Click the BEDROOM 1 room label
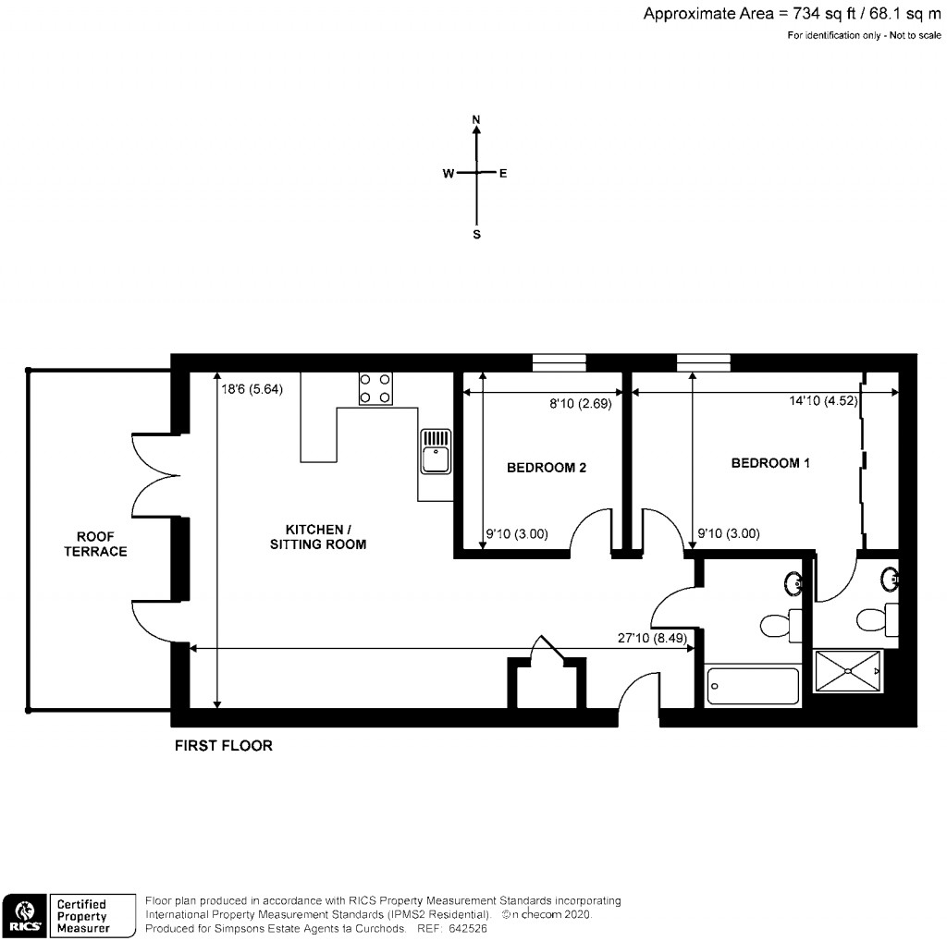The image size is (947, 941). [x=770, y=463]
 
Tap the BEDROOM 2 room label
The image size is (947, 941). [x=546, y=467]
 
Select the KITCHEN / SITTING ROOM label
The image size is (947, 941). [x=318, y=537]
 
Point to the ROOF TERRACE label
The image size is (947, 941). [x=95, y=544]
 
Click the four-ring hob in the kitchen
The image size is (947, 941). [x=375, y=389]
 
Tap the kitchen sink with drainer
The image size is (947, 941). [x=435, y=451]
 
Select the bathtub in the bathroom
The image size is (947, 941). [x=753, y=686]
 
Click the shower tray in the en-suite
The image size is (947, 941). [x=847, y=670]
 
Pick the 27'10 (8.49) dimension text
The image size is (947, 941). [x=652, y=638]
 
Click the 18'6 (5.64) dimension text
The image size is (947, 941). [x=252, y=389]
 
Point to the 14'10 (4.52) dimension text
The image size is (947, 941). [x=823, y=400]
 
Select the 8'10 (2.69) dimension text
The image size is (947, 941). [x=581, y=403]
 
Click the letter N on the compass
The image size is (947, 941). [x=476, y=119]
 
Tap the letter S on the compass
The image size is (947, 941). [x=476, y=234]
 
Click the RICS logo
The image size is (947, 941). [x=25, y=916]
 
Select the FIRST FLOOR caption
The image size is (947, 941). [x=224, y=745]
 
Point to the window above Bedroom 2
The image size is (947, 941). [x=559, y=362]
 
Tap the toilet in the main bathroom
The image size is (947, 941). [x=781, y=624]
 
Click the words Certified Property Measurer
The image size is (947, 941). [x=83, y=916]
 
